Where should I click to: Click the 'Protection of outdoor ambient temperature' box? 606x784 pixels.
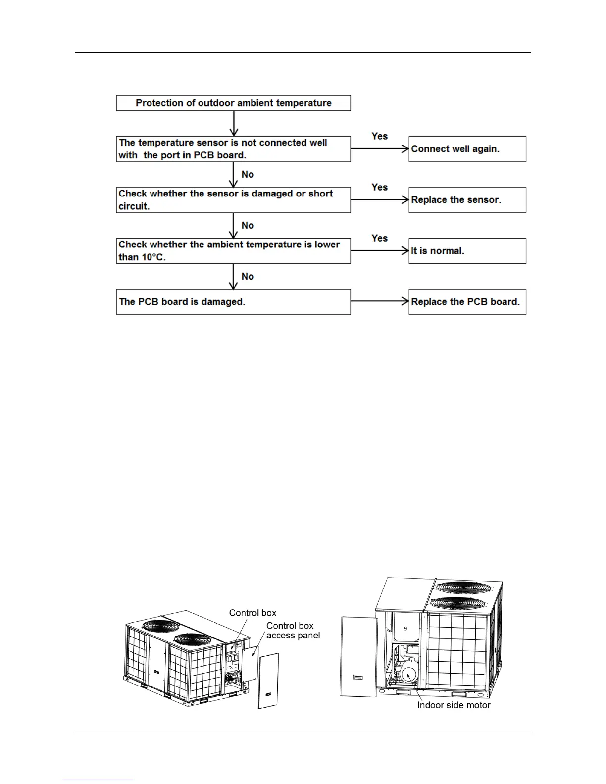233,103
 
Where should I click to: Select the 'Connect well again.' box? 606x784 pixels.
467,149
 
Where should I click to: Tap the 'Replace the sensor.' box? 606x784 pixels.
467,200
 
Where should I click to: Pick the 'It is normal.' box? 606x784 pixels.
467,251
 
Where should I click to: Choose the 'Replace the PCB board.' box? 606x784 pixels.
467,302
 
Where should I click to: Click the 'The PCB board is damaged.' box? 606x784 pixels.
233,302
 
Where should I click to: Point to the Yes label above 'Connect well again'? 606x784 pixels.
380,136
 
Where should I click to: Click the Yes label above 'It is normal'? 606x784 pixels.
380,238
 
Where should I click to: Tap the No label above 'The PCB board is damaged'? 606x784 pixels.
248,276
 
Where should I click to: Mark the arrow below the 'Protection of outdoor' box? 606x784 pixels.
234,123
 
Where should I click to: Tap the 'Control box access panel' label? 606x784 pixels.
293,631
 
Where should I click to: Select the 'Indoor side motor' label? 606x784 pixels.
454,705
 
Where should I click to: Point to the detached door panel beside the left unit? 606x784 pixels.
268,681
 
